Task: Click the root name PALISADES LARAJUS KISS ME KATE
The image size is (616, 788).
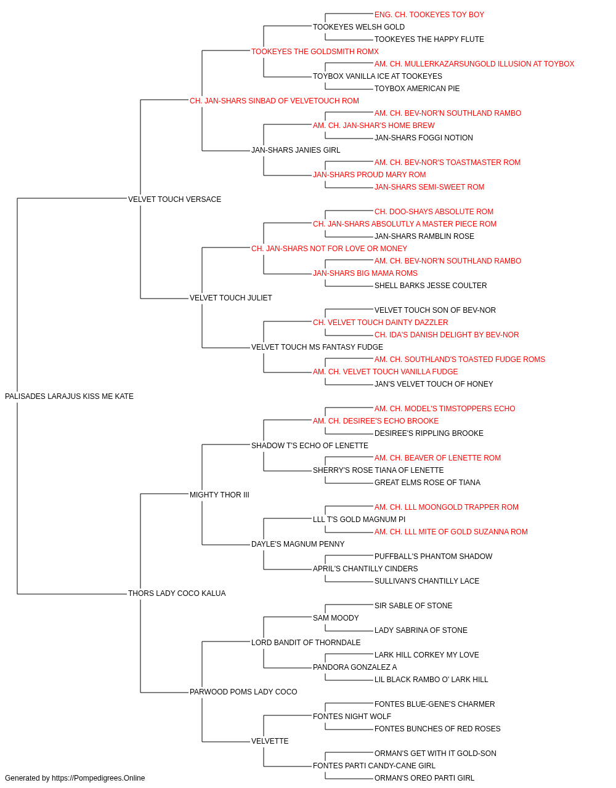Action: click(x=69, y=396)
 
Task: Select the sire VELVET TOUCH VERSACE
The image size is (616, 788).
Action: click(x=174, y=199)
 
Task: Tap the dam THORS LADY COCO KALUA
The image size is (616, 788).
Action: click(x=177, y=593)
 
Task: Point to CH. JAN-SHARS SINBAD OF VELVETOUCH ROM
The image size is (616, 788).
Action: click(x=274, y=101)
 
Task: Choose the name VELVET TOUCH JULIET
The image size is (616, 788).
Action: click(x=231, y=298)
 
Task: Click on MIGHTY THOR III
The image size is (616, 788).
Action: click(x=219, y=495)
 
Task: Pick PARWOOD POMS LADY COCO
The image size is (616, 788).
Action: click(x=243, y=692)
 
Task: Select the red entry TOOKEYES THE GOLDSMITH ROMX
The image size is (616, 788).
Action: click(x=315, y=52)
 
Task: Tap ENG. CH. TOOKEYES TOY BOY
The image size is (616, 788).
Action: click(x=429, y=15)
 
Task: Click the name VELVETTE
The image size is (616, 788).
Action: click(x=270, y=741)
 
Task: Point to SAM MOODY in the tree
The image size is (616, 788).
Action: click(x=336, y=618)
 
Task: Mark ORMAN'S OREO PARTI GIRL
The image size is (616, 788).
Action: click(x=424, y=778)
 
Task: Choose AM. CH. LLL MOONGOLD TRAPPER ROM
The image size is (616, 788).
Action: click(x=447, y=507)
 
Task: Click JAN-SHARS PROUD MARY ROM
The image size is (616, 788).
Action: click(x=370, y=175)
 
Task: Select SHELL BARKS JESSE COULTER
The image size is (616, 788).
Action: click(x=431, y=286)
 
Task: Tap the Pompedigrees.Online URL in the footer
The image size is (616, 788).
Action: click(x=99, y=778)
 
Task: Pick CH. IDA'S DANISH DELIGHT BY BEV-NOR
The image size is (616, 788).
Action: click(x=447, y=335)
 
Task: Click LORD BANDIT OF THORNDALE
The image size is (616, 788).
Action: click(x=306, y=643)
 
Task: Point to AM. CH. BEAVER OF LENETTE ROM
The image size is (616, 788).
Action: click(x=437, y=458)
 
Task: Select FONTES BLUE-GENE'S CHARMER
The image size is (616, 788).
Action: click(x=435, y=704)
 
